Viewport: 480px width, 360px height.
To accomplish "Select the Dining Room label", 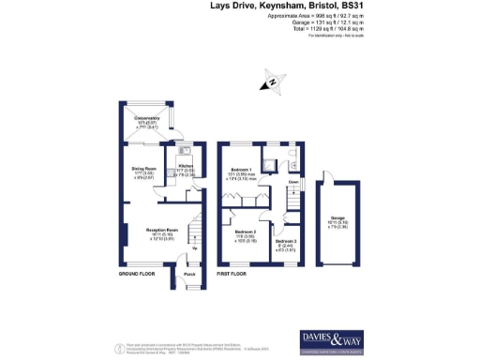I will [143, 169].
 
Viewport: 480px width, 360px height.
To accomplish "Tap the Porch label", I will [188, 274].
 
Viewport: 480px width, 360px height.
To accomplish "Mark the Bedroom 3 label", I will [285, 242].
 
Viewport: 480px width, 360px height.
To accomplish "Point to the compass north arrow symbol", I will [272, 83].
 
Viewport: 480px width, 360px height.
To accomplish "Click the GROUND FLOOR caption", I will [137, 274].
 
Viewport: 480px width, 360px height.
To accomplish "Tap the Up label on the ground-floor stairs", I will [194, 247].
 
